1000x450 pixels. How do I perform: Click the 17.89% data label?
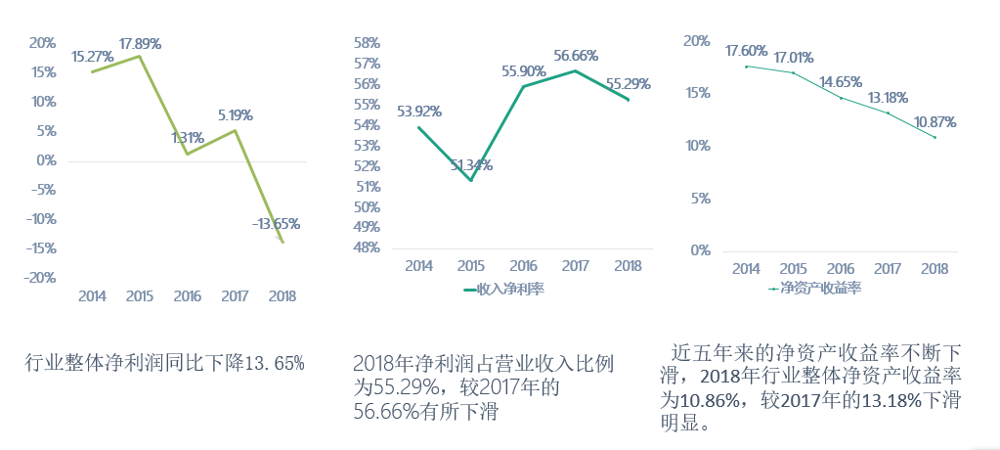tap(140, 44)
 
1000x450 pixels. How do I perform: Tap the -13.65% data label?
tap(276, 224)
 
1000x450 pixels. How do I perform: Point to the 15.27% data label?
tap(93, 58)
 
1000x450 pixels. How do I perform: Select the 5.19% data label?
tap(235, 114)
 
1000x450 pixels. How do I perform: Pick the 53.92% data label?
tap(418, 112)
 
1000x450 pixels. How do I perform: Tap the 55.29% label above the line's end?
tap(628, 84)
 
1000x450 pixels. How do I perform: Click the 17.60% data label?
tap(747, 51)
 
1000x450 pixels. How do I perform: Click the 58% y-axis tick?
tap(367, 43)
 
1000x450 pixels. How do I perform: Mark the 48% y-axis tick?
tap(367, 247)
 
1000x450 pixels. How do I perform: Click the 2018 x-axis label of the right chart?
tap(934, 268)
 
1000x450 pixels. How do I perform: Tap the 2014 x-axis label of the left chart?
tap(92, 295)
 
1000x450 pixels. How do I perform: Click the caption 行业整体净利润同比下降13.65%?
tap(165, 363)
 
